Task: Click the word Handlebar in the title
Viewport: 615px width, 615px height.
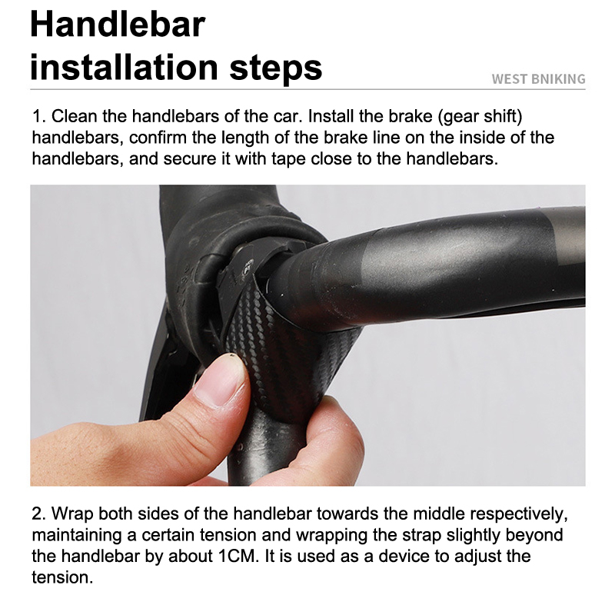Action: click(x=118, y=25)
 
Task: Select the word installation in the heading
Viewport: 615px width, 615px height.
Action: click(x=124, y=67)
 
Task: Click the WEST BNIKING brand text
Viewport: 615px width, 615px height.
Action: click(x=538, y=79)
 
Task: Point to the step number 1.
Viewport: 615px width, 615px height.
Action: click(x=38, y=116)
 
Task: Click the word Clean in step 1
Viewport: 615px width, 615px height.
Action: click(x=74, y=116)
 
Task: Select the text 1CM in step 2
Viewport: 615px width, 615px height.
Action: click(x=238, y=556)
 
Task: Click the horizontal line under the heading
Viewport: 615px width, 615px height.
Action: click(x=307, y=89)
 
